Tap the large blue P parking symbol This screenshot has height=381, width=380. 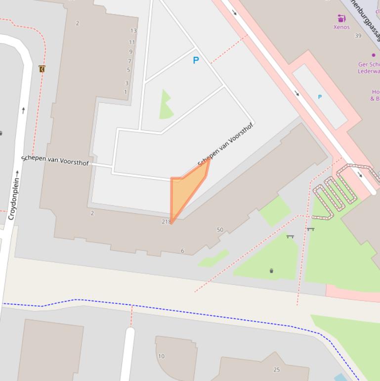[196, 60]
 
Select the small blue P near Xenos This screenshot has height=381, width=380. [320, 96]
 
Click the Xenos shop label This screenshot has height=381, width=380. [341, 27]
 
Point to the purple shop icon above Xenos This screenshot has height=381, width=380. [341, 18]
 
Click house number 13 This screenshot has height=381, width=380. [133, 31]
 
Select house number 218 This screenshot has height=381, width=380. [166, 222]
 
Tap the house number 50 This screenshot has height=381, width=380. [220, 230]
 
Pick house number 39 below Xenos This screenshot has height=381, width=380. [358, 36]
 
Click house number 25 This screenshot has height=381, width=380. [277, 370]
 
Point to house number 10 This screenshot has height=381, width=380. [161, 356]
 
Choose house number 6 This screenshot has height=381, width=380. [182, 251]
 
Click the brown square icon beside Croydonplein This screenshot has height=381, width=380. [42, 69]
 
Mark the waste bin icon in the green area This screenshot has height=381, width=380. [271, 271]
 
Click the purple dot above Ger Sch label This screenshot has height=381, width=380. [374, 55]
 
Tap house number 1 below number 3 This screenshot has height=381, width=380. [126, 92]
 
